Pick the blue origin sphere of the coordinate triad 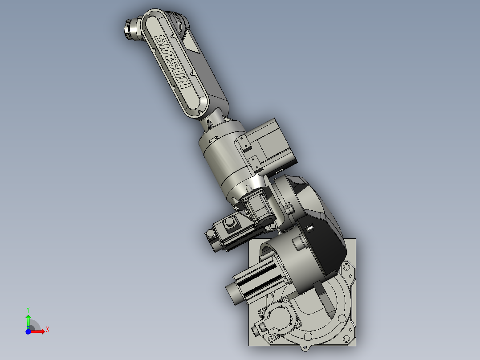pyautogui.click(x=28, y=331)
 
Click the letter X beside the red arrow pyautogui.click(x=47, y=329)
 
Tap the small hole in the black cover pyautogui.click(x=310, y=229)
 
